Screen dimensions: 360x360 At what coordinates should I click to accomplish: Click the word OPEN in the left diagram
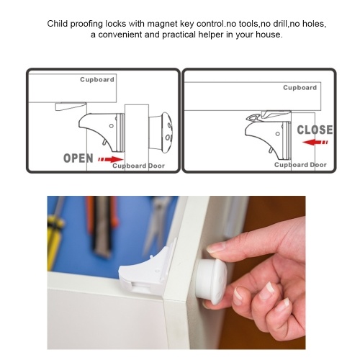(x=78, y=158)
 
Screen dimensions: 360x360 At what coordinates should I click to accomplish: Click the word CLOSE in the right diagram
(x=315, y=130)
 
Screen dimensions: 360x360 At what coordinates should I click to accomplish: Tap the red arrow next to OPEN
(x=111, y=159)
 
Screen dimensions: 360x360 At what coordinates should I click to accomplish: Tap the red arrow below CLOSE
(x=315, y=142)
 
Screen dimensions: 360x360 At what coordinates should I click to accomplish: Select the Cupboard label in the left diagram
(x=97, y=79)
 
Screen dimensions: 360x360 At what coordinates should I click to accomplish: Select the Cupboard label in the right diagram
(x=300, y=88)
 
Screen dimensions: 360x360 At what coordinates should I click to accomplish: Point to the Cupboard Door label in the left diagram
(x=138, y=166)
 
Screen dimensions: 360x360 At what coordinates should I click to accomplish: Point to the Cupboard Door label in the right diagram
(x=300, y=165)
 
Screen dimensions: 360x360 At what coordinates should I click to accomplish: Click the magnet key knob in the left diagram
(x=161, y=132)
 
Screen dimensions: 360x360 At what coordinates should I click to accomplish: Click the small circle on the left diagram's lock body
(x=112, y=126)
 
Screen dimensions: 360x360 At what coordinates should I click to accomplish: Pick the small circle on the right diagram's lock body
(x=278, y=134)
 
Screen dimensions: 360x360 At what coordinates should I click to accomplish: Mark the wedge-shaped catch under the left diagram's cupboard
(x=71, y=107)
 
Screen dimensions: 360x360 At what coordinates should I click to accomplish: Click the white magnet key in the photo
(x=211, y=280)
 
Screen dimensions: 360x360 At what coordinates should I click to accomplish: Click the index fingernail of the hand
(x=215, y=248)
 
